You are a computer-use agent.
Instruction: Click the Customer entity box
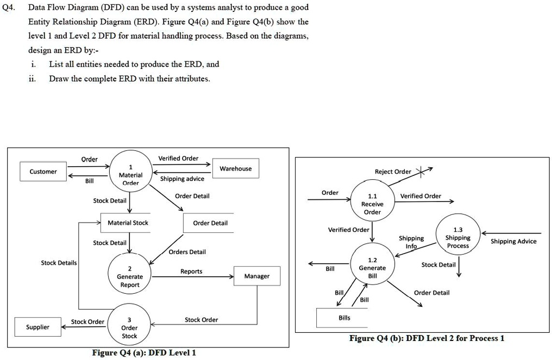[x=43, y=172]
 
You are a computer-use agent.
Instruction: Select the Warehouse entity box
[x=235, y=169]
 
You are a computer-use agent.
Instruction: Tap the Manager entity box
[x=256, y=276]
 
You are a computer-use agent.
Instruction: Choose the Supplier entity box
[x=37, y=327]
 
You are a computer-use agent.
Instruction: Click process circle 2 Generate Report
[x=130, y=276]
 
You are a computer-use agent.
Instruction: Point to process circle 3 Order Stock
[x=129, y=327]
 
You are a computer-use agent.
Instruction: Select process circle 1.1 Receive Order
[x=372, y=204]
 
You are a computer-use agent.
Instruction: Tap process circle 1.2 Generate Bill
[x=372, y=268]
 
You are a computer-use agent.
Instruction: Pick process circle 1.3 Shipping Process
[x=457, y=237]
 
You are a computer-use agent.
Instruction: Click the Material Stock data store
[x=128, y=223]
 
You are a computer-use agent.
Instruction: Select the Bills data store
[x=344, y=318]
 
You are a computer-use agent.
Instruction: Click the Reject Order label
[x=393, y=172]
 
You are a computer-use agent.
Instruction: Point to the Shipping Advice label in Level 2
[x=513, y=242]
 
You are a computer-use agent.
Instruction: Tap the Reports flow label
[x=191, y=271]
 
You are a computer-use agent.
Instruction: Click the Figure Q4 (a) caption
[x=144, y=353]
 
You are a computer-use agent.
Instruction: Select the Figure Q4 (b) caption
[x=426, y=338]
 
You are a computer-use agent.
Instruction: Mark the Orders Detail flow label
[x=187, y=252]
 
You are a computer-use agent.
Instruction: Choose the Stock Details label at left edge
[x=59, y=263]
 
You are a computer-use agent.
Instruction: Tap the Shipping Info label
[x=411, y=242]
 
